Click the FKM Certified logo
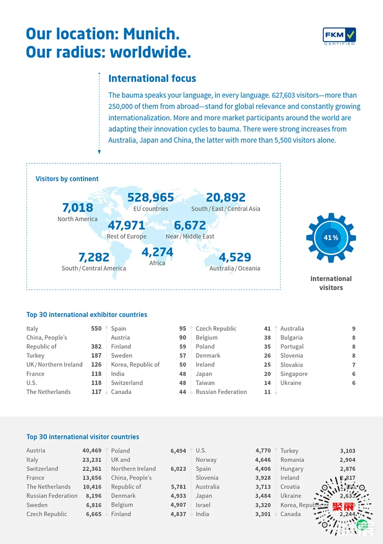coord(339,36)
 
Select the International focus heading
coord(152,79)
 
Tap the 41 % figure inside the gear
coord(331,238)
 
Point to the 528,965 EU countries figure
coord(151,197)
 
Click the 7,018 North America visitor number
coord(78,208)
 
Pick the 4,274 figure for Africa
coord(157,252)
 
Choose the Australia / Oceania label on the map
coord(235,268)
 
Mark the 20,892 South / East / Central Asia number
coord(225,197)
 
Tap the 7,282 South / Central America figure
coord(94,257)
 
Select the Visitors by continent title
coord(67,179)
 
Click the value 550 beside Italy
coord(96,329)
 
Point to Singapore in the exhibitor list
coord(294,374)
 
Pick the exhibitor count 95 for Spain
coord(182,329)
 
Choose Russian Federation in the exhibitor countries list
coord(221,392)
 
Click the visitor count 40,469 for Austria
coord(92,451)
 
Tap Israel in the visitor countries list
coord(203,505)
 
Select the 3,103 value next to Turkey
coord(348,451)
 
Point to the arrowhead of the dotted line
coord(99,152)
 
